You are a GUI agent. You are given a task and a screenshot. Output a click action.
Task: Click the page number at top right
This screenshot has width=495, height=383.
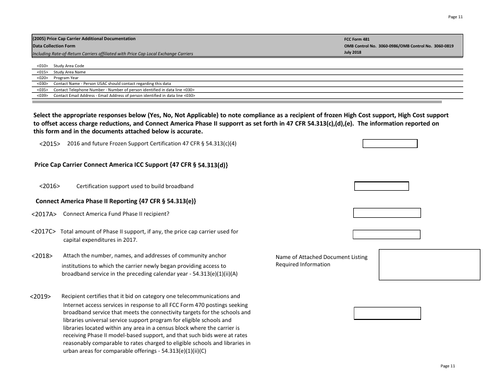coord(455,17)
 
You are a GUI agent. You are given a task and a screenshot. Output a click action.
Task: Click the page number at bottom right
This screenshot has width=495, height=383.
coord(448,366)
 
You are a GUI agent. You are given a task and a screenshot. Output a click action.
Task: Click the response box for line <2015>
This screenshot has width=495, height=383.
coord(390,143)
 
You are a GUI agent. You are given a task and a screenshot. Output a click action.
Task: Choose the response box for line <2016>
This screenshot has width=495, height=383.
coord(381,186)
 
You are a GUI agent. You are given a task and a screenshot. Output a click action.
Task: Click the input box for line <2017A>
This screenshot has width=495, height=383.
coord(387,213)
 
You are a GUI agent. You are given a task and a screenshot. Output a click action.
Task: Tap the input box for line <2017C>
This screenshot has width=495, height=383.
coord(386,234)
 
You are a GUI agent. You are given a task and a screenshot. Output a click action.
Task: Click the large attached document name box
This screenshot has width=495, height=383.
coord(429,265)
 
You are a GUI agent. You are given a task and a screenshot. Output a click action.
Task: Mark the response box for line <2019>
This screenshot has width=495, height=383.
coord(387,313)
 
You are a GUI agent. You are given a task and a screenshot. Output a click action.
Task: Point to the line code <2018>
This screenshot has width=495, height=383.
coord(42,256)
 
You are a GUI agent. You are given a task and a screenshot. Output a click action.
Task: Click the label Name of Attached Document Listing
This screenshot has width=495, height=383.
coord(321,257)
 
